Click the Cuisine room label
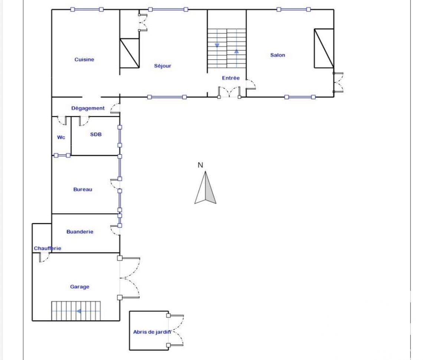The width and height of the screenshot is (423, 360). (x=84, y=59)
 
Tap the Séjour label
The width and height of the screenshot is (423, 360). (x=163, y=66)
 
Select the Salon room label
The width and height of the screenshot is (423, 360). (x=278, y=55)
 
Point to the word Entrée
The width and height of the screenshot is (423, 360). (x=231, y=78)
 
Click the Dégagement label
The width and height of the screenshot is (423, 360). (x=88, y=108)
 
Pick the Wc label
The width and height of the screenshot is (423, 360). (x=61, y=137)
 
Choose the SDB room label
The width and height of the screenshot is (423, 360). (x=96, y=134)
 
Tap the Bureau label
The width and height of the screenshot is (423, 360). (x=82, y=189)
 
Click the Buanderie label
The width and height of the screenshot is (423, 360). (x=80, y=232)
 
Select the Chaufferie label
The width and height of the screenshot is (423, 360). (x=47, y=248)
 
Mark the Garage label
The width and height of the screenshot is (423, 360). (x=79, y=287)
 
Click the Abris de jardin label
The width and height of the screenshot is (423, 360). (x=152, y=332)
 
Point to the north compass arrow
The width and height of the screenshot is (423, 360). (x=205, y=187)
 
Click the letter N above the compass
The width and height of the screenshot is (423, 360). (x=200, y=165)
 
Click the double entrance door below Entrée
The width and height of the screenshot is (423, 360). (x=229, y=92)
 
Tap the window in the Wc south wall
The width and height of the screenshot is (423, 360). (x=62, y=156)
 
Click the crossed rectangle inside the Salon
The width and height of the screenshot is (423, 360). (x=324, y=48)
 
